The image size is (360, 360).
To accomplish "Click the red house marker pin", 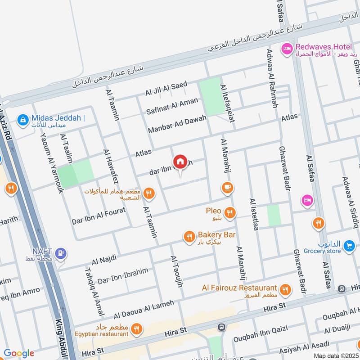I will (x=180, y=162).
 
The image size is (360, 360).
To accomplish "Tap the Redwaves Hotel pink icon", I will (x=287, y=49).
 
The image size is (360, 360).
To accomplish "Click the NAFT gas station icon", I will (x=61, y=253).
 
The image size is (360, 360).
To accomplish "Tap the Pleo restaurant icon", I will (x=230, y=212).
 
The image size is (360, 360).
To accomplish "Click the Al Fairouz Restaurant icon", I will (x=285, y=290).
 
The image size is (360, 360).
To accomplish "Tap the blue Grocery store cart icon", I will (x=349, y=246).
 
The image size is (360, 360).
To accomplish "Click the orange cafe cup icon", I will (x=227, y=187).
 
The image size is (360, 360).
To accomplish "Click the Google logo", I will (x=19, y=353).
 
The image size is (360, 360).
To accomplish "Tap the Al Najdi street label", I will (x=104, y=259).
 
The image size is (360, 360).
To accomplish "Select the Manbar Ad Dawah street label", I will (x=177, y=124).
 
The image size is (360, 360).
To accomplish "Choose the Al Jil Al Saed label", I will (x=166, y=88).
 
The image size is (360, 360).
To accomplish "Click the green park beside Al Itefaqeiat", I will (x=210, y=96).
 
